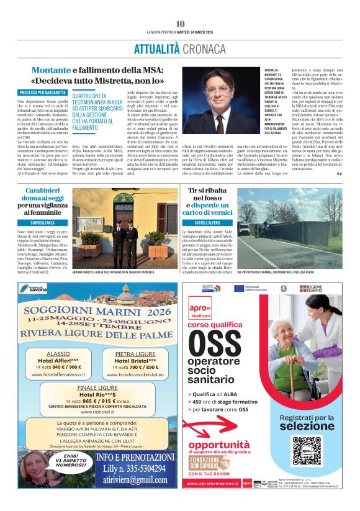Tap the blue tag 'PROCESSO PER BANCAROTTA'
pos(42,93)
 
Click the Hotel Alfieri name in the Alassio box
pos(58,360)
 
